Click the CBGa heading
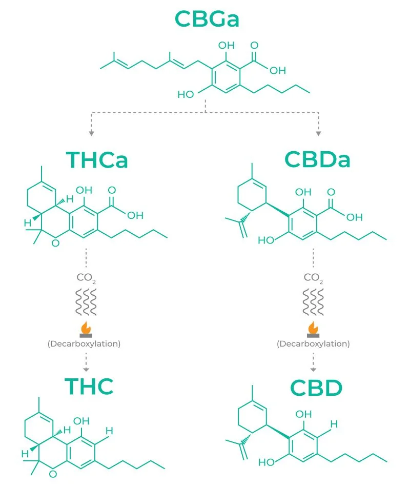click(x=207, y=19)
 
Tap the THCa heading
click(x=97, y=160)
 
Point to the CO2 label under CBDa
click(x=313, y=278)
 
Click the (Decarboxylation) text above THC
click(x=84, y=343)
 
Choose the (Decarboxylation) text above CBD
click(x=313, y=343)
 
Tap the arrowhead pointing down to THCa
click(x=91, y=133)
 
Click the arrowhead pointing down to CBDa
click(x=318, y=133)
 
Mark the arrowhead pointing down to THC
click(x=86, y=369)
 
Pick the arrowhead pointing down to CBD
click(x=313, y=369)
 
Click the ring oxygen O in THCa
click(x=55, y=243)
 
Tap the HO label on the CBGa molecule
click(x=185, y=94)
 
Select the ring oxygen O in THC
click(x=53, y=474)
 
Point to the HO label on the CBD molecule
click(x=266, y=463)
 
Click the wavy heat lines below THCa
click(x=86, y=303)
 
